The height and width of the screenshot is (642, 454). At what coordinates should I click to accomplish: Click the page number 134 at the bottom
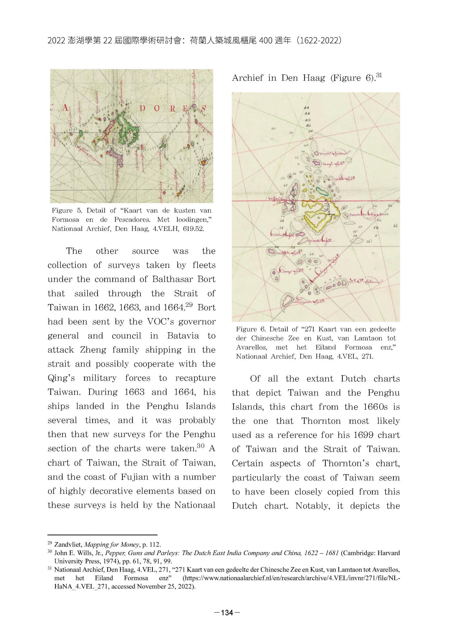(227, 612)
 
